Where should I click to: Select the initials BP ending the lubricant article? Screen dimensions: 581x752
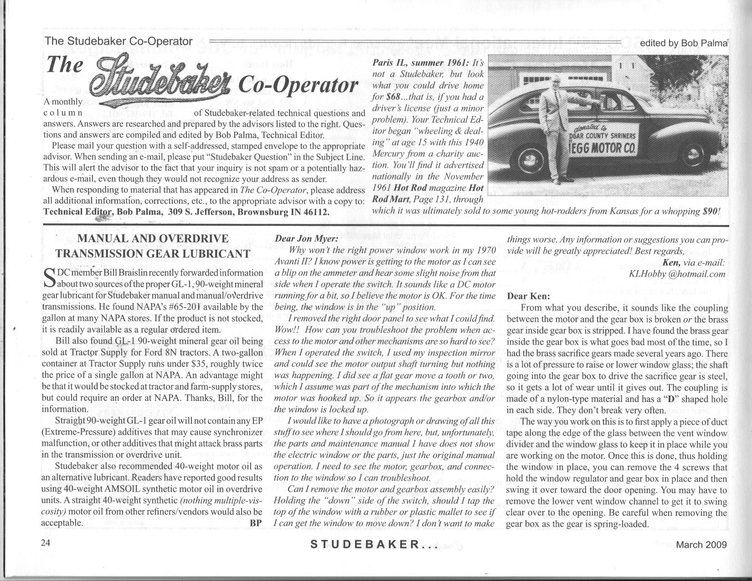pos(257,522)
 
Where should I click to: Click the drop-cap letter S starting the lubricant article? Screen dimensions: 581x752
pos(48,279)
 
